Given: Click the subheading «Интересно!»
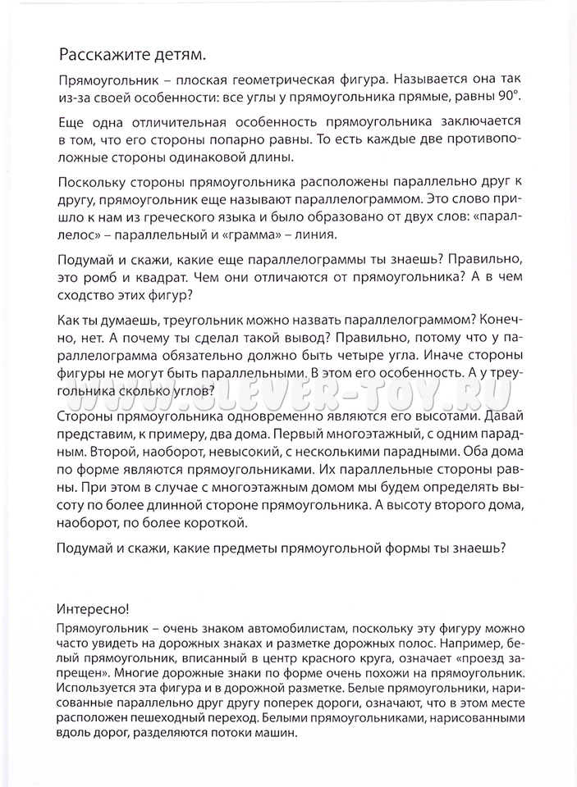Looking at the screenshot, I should (x=94, y=611).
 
